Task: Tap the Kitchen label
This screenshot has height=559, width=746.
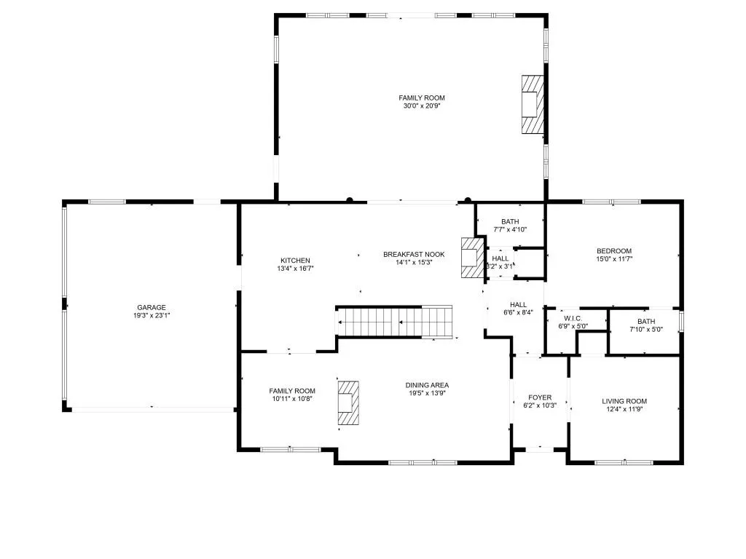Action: tap(295, 261)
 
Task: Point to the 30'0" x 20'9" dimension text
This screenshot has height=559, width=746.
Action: tap(421, 106)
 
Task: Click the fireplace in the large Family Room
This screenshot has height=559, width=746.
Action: tap(532, 103)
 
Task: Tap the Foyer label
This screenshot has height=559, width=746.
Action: tap(540, 397)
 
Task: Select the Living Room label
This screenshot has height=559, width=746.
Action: tap(624, 401)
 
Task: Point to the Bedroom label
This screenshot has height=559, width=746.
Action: tap(613, 251)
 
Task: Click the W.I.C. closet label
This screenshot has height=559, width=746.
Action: tap(572, 318)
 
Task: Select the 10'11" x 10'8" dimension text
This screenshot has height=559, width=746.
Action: tap(291, 399)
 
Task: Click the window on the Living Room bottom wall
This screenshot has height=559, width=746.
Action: tap(624, 462)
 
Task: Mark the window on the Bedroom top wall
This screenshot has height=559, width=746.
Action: tap(611, 202)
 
